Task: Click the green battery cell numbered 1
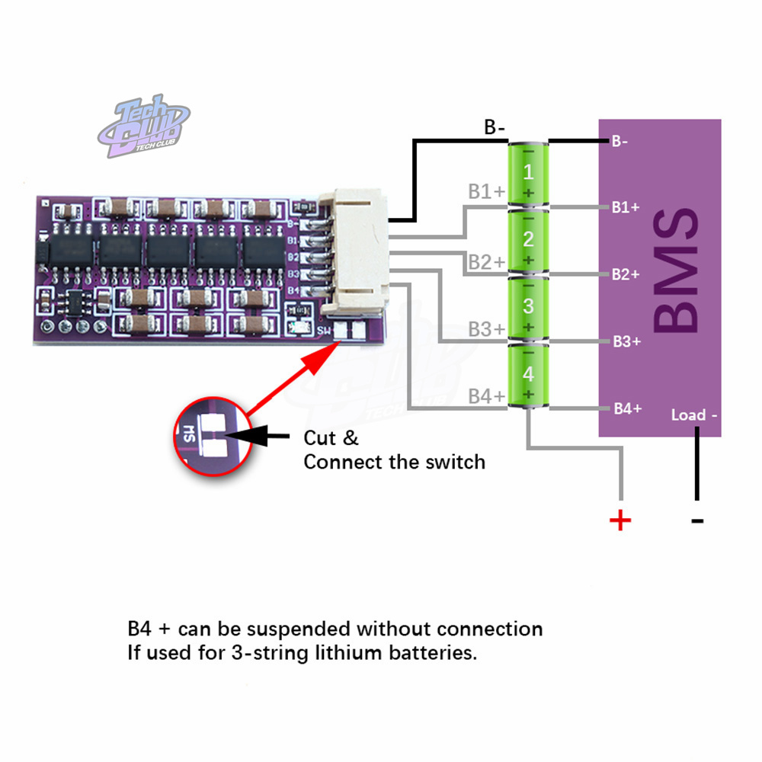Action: pyautogui.click(x=528, y=172)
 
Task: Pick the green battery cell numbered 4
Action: pyautogui.click(x=528, y=374)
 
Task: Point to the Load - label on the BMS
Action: pyautogui.click(x=693, y=415)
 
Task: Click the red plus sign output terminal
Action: pyautogui.click(x=621, y=520)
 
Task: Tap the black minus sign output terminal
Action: pyautogui.click(x=696, y=521)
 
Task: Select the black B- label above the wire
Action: pyautogui.click(x=495, y=127)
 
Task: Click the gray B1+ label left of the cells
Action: pyautogui.click(x=486, y=192)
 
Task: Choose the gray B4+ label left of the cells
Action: pyautogui.click(x=486, y=396)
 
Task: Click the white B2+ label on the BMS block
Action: pyautogui.click(x=626, y=274)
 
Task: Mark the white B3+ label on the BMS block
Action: pyautogui.click(x=626, y=341)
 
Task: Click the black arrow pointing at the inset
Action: pyautogui.click(x=259, y=437)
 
